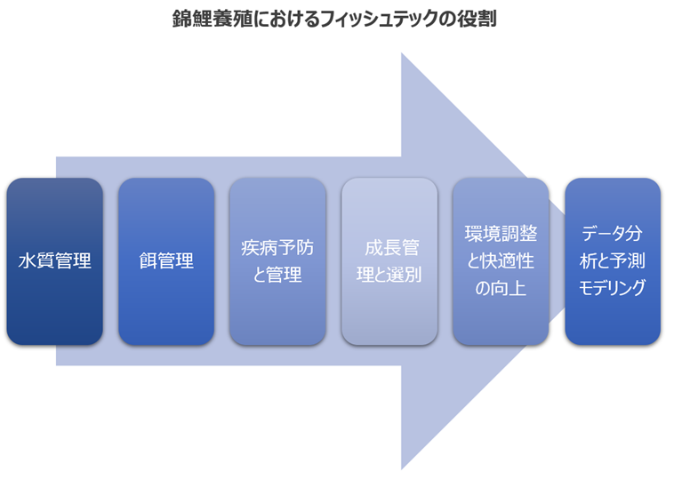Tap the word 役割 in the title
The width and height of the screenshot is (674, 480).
coord(477,19)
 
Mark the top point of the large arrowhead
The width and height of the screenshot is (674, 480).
coord(402,54)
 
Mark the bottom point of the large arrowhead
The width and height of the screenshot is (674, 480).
coord(402,468)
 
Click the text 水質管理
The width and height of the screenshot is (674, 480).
coord(54,261)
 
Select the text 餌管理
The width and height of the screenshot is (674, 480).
coord(166,261)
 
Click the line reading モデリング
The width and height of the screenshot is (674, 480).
coord(613,288)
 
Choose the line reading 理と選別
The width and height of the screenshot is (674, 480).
coord(389,275)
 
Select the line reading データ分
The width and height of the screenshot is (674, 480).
coord(613,234)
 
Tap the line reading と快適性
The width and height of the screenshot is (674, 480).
coord(501,261)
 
